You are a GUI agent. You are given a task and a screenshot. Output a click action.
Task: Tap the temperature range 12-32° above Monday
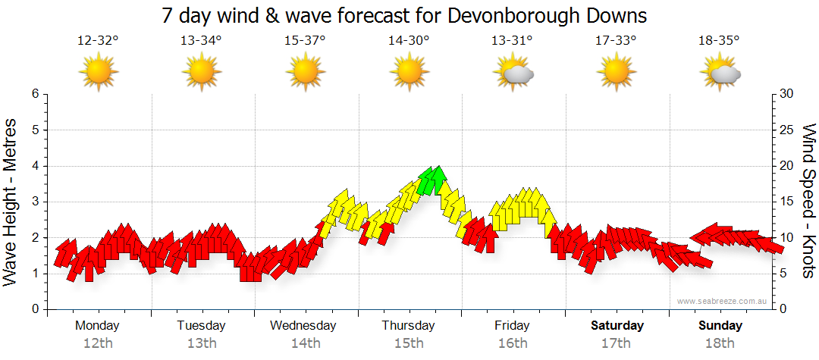tap(98, 42)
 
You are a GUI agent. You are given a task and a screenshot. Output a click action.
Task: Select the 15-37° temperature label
tap(305, 42)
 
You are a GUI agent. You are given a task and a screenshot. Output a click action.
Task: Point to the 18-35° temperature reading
tap(719, 42)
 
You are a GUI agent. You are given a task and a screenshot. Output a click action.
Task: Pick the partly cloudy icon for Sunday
tap(721, 73)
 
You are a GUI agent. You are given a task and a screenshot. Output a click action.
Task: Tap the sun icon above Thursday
tap(409, 73)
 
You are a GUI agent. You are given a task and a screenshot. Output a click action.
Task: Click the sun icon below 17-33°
tap(617, 73)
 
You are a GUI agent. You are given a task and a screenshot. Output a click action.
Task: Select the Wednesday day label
tap(303, 325)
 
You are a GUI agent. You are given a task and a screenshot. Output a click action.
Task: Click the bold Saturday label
tap(617, 325)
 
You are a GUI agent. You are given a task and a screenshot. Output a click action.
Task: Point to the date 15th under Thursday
tap(409, 343)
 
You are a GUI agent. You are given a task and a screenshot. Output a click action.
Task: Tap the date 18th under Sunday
tap(720, 343)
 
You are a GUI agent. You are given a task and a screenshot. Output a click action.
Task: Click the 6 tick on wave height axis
tap(34, 94)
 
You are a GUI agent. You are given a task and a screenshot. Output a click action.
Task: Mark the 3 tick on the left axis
tap(34, 202)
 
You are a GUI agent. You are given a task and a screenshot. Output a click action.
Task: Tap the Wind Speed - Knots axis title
tap(808, 201)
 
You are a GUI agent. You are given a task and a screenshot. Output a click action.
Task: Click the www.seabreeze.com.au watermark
tap(723, 302)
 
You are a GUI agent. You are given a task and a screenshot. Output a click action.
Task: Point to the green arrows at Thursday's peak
tap(431, 180)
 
